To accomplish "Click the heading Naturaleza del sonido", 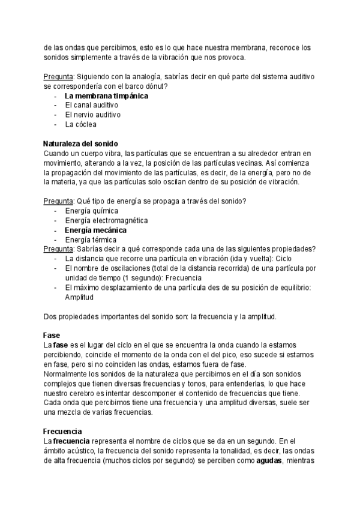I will tap(81, 144).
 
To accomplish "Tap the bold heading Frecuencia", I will tap(62, 432).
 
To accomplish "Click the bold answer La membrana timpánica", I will tap(106, 95).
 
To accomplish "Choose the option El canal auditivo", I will tap(91, 105).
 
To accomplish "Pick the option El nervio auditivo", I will tap(92, 115).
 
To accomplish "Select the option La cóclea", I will tap(80, 124).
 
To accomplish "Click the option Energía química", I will tap(91, 211).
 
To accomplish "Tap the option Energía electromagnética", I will tap(106, 220).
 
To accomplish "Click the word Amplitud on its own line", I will tap(79, 297).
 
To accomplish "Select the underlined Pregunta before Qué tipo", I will tap(58, 201).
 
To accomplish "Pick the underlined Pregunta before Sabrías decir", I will tap(58, 249).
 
